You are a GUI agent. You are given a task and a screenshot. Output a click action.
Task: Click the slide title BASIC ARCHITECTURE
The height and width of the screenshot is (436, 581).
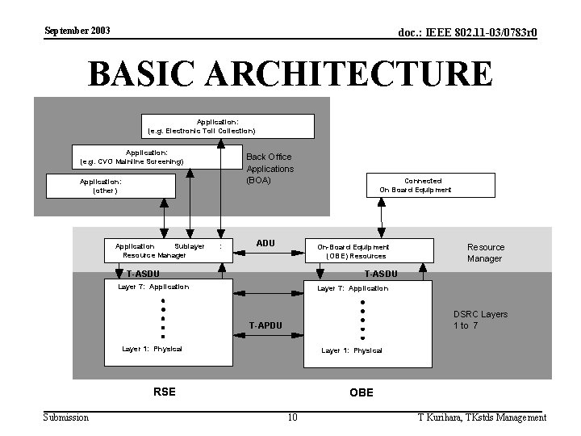[x=290, y=73]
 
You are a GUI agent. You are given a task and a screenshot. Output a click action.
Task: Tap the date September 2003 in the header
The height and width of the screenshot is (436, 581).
[x=77, y=31]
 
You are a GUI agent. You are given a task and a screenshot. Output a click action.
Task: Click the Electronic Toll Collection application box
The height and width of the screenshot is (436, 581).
[x=228, y=126]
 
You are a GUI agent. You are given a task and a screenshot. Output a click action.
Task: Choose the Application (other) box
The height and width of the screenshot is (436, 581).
[x=111, y=187]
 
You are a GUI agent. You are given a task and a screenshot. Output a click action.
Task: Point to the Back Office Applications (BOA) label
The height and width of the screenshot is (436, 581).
[x=270, y=168]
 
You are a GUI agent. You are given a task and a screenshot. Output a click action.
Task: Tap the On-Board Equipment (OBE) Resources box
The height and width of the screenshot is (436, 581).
[x=368, y=250]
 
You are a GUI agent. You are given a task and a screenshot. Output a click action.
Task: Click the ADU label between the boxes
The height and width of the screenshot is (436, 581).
[x=265, y=243]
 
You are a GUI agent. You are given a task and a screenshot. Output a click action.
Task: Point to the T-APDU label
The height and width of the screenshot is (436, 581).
[x=265, y=325]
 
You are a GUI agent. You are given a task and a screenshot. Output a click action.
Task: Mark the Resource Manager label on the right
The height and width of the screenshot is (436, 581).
[x=485, y=253]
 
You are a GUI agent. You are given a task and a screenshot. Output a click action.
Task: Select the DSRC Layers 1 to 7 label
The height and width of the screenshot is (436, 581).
[x=480, y=320]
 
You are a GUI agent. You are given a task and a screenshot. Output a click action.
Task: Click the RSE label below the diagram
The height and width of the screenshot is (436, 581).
[x=164, y=392]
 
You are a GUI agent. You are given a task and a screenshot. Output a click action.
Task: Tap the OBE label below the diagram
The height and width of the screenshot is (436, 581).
[x=361, y=393]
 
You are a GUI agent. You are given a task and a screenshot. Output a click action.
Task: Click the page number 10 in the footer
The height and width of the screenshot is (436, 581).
[x=292, y=417]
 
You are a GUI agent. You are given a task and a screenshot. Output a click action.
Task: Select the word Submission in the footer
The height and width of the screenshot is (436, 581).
[x=66, y=417]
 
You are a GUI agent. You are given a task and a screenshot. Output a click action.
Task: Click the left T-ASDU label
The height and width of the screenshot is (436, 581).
[x=143, y=274]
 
